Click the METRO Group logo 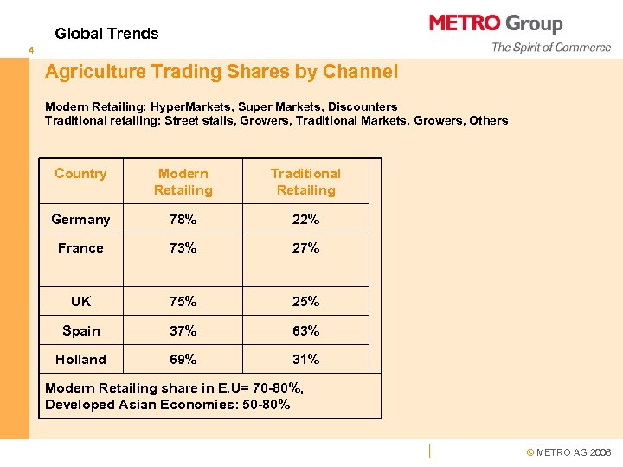point(496,23)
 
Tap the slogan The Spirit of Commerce point(550,48)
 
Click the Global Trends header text point(106,34)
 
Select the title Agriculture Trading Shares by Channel point(222,72)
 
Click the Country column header point(80,174)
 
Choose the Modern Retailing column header point(183,182)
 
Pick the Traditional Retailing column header point(305,182)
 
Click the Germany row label point(80,220)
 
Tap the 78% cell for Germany point(183,220)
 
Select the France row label point(80,248)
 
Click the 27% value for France point(305,248)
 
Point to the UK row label point(80,302)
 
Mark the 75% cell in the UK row point(183,302)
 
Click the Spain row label point(80,331)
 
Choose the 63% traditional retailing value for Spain point(305,331)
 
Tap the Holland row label point(80,360)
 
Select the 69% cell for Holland point(183,360)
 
